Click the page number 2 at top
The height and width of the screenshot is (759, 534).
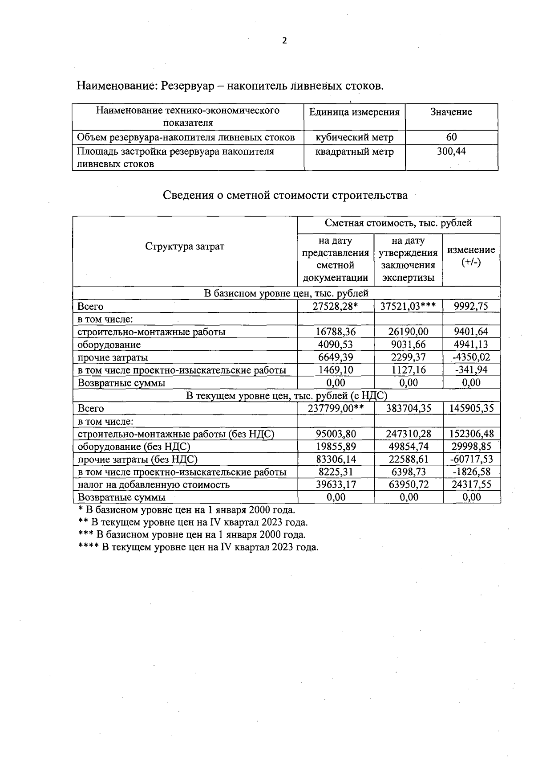(x=284, y=41)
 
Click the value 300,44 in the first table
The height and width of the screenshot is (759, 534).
(x=451, y=152)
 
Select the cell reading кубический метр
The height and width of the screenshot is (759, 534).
(x=354, y=137)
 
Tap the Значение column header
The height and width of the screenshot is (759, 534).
(x=451, y=112)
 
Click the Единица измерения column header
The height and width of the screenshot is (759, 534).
(x=354, y=112)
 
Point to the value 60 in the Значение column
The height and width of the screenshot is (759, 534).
(x=451, y=137)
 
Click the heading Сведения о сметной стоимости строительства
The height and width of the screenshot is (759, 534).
(x=285, y=195)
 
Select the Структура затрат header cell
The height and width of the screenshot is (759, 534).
(x=185, y=246)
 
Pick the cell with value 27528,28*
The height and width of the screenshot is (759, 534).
(x=336, y=306)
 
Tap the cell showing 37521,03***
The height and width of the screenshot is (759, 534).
(x=408, y=306)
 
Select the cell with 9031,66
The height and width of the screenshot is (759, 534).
(x=408, y=345)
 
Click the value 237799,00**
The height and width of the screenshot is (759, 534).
(x=336, y=408)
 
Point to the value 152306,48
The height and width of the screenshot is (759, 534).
(x=471, y=434)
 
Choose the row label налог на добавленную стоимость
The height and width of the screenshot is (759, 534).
(x=154, y=484)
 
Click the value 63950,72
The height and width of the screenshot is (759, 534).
(x=408, y=484)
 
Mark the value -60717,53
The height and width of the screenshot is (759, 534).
(x=471, y=459)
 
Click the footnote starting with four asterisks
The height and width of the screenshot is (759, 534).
(x=198, y=547)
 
